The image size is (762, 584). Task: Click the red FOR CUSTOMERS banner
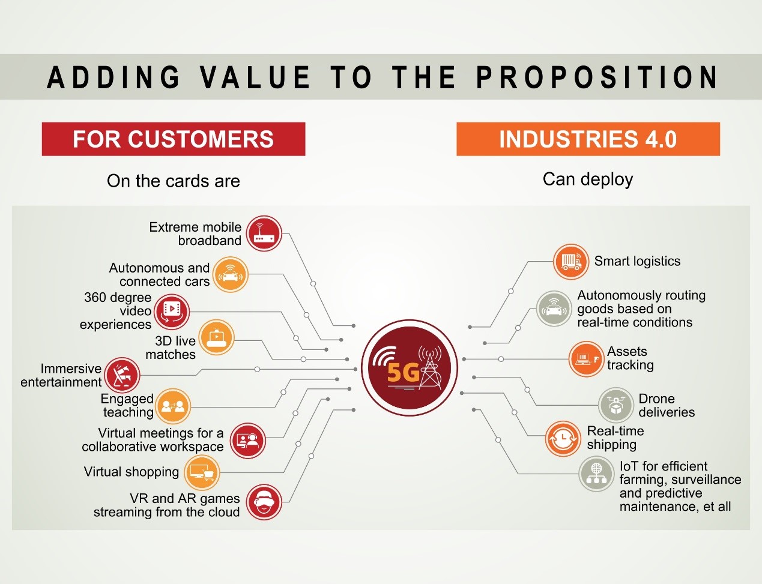[x=173, y=139]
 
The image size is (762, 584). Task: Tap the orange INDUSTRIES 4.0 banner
[x=588, y=139]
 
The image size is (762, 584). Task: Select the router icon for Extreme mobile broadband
[x=264, y=233]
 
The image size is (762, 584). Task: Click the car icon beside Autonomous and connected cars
[x=230, y=274]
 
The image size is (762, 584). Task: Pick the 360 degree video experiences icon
[x=172, y=312]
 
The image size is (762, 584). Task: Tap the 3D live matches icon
[x=216, y=337]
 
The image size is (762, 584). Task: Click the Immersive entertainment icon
[x=122, y=375]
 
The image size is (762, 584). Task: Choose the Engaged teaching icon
[x=173, y=406]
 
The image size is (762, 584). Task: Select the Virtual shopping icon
[x=202, y=472]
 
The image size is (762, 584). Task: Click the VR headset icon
[x=264, y=502]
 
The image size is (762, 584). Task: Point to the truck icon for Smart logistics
[x=571, y=262]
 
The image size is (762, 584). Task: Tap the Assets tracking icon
[x=586, y=359]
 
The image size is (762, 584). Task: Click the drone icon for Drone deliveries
[x=615, y=405]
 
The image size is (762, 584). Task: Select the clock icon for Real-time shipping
[x=563, y=439]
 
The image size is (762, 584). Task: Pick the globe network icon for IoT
[x=596, y=474]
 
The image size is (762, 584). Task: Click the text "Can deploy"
[x=588, y=180]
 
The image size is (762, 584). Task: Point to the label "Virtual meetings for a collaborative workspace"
[x=153, y=439]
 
